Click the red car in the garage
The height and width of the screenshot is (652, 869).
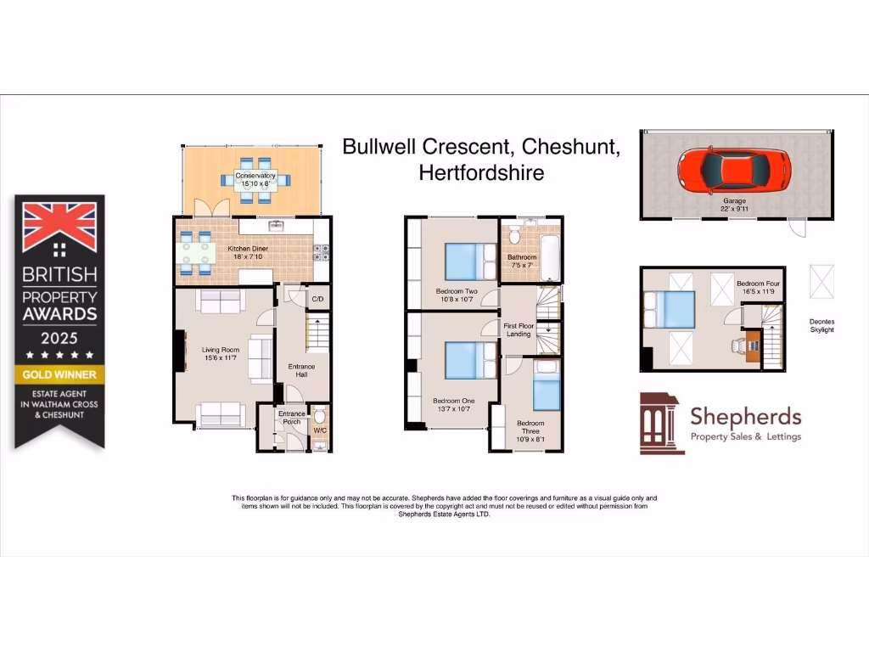[x=733, y=170]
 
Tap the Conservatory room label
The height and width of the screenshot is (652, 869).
[x=255, y=176]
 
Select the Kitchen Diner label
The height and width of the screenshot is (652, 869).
[x=248, y=249]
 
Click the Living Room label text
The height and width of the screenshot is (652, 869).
[x=220, y=350]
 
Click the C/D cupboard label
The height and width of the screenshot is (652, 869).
[x=317, y=300]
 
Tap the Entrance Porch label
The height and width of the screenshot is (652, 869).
[x=291, y=418]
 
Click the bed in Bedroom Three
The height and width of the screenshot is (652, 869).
[x=547, y=392]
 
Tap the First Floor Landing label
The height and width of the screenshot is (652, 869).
[x=519, y=329]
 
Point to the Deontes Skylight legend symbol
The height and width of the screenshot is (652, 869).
[x=821, y=281]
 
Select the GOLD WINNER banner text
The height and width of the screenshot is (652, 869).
[x=59, y=374]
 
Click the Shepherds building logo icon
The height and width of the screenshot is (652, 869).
[x=661, y=423]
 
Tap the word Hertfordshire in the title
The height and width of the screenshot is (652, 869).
[x=481, y=172]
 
